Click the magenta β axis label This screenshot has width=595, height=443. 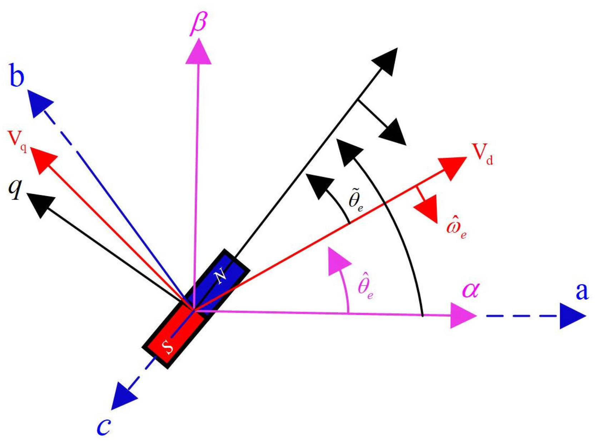point(199,23)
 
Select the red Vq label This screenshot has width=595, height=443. point(17,140)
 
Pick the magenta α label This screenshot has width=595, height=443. point(471,290)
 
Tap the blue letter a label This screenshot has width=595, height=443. point(582,291)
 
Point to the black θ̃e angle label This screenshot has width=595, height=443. point(356,200)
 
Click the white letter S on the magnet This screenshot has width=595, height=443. point(168,346)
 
